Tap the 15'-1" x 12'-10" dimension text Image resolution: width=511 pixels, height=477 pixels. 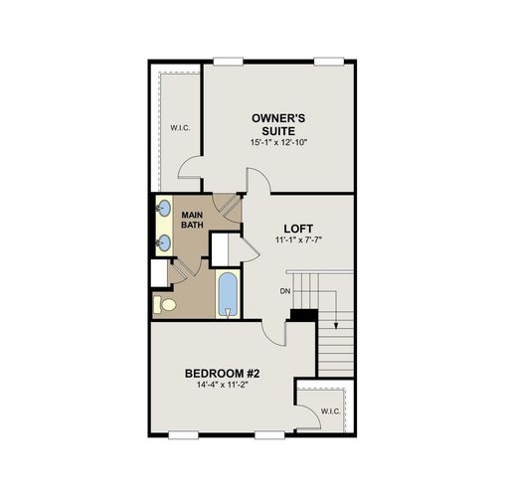[279, 143]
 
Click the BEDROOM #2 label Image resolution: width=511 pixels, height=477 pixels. [222, 373]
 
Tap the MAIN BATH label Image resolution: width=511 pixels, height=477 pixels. [192, 220]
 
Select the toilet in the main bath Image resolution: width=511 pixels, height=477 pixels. [165, 304]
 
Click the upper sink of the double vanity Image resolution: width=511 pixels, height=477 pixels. [163, 209]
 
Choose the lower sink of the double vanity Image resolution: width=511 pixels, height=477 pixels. [163, 240]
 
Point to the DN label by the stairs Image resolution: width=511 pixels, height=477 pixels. [284, 291]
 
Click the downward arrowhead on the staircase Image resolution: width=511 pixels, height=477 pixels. [337, 324]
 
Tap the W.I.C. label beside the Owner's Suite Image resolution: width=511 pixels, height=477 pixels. [179, 127]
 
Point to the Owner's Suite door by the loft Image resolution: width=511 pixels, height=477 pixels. [257, 182]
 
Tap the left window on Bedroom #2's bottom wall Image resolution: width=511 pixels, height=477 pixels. [183, 434]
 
